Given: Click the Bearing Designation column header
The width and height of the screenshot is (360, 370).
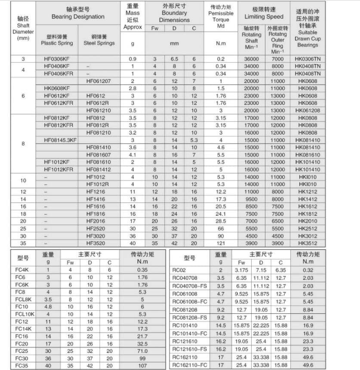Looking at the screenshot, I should [78, 13].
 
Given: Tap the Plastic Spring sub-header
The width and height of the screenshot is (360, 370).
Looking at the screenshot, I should [57, 40].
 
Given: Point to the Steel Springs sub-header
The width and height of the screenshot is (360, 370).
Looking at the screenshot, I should [99, 40].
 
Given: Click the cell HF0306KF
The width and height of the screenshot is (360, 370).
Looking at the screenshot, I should [57, 59].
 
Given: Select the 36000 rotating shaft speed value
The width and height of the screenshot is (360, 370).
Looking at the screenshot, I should [252, 59].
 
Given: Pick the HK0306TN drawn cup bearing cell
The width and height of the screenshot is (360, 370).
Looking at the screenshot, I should [308, 59].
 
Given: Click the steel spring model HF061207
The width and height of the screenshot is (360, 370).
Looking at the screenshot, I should [98, 81].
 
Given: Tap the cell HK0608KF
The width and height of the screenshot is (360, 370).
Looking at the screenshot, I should [57, 89].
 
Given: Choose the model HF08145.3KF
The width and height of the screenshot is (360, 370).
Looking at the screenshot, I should [60, 140].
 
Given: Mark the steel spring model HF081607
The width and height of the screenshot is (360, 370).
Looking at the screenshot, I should [98, 155].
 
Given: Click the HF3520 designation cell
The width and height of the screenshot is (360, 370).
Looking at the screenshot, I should [98, 243].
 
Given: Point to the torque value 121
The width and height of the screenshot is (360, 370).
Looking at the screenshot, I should [221, 243].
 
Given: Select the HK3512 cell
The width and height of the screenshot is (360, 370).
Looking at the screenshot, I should [308, 243].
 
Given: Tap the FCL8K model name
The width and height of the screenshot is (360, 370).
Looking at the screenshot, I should [23, 299].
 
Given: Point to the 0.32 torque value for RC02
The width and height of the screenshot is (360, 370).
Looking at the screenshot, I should [308, 270].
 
